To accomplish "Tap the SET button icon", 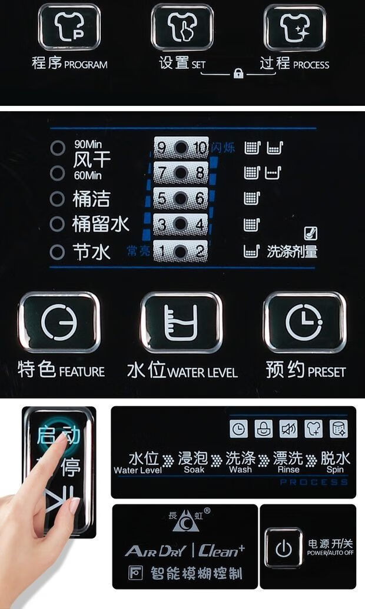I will tap(182, 27).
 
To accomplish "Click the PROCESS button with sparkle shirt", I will tap(294, 27).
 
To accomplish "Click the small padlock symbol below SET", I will tap(238, 73).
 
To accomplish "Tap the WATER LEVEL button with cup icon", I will tap(181, 322).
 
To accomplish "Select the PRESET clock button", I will tap(304, 322).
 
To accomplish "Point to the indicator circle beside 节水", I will tap(57, 252).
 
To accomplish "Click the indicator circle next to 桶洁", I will tap(57, 199).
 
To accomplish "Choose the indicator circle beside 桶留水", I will tap(57, 224).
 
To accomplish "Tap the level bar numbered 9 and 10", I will tap(181, 148).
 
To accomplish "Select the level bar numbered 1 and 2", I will tap(181, 252).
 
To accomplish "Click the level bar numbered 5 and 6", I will tap(181, 199).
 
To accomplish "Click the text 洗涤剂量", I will tap(292, 252).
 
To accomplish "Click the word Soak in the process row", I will tap(194, 470).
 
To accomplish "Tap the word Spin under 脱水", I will tap(335, 470).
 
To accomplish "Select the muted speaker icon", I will tap(288, 429).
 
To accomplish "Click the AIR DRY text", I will tap(155, 551).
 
